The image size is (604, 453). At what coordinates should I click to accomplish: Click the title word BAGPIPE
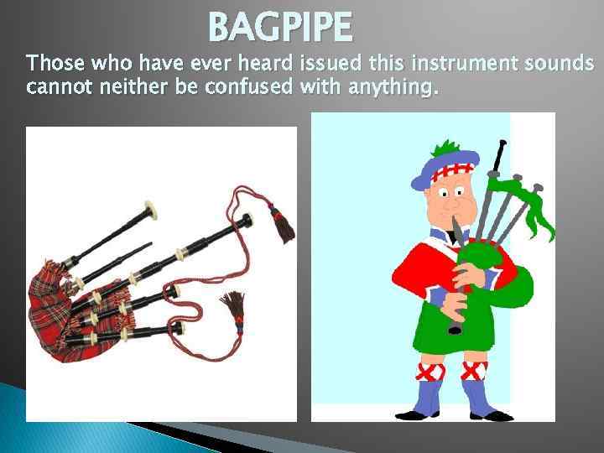pos(280,27)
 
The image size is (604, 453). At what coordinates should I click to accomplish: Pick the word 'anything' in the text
pos(389,86)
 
